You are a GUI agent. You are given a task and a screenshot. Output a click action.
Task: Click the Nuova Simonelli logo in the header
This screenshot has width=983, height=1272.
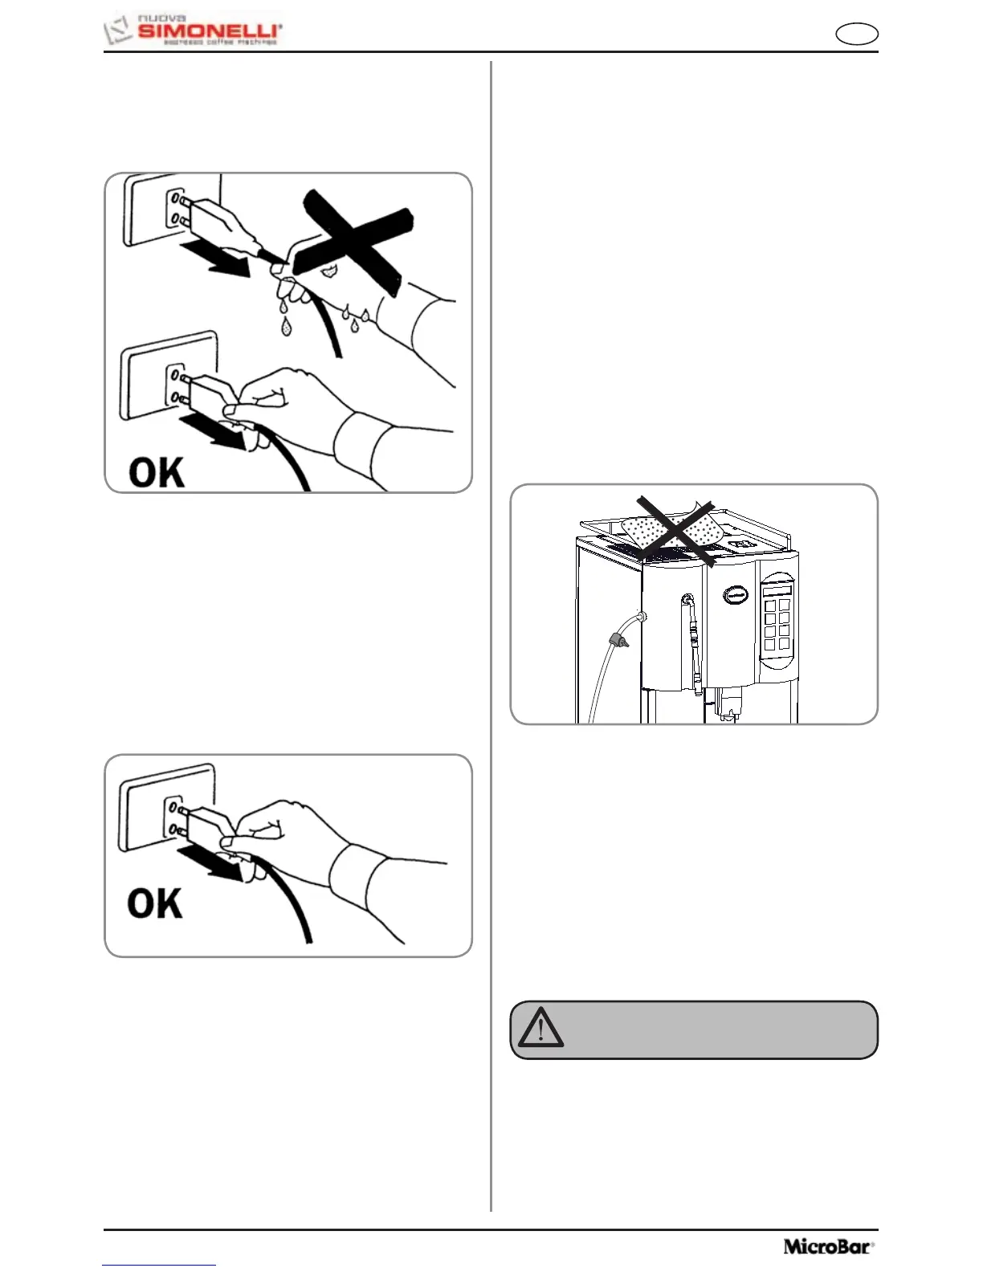[193, 30]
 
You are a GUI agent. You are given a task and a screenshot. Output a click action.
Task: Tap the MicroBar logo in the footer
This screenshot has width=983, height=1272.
[828, 1246]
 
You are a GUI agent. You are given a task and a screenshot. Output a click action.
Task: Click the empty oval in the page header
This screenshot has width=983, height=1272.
[856, 35]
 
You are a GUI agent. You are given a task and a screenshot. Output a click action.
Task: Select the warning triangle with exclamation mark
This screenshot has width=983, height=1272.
[540, 1028]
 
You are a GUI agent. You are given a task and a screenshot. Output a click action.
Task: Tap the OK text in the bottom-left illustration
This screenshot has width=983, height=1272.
[154, 903]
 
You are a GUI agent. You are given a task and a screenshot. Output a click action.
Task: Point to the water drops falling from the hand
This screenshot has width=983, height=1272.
[286, 324]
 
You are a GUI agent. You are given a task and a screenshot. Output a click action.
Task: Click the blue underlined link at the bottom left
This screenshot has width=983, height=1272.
[159, 1265]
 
